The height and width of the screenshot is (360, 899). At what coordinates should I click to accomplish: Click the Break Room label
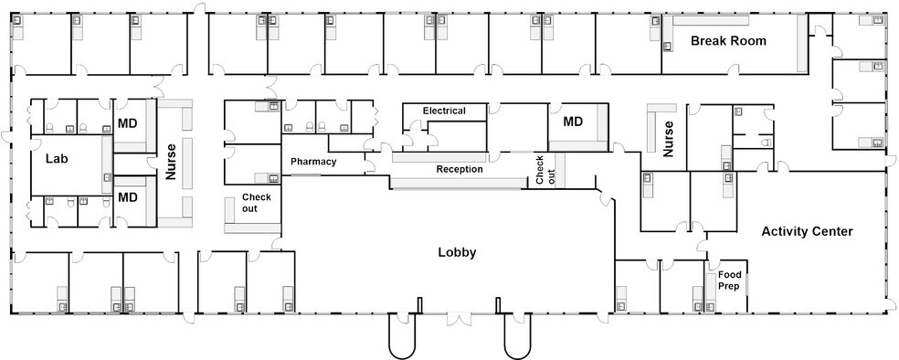pyautogui.click(x=727, y=41)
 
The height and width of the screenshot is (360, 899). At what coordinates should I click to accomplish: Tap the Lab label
pyautogui.click(x=58, y=158)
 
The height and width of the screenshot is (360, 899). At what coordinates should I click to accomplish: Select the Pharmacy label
pyautogui.click(x=313, y=162)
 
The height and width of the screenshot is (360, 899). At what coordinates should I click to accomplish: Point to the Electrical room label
pyautogui.click(x=443, y=111)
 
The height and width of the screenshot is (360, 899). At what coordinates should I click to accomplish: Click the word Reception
pyautogui.click(x=459, y=169)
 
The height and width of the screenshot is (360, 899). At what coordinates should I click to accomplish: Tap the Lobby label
pyautogui.click(x=458, y=252)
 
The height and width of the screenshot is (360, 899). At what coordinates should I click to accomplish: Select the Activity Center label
pyautogui.click(x=807, y=232)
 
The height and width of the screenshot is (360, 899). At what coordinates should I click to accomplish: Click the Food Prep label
pyautogui.click(x=729, y=280)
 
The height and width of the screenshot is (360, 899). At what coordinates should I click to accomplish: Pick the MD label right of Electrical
pyautogui.click(x=573, y=122)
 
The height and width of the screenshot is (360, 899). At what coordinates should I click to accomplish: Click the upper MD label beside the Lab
pyautogui.click(x=127, y=123)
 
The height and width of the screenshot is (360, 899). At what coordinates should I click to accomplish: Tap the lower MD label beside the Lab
pyautogui.click(x=127, y=197)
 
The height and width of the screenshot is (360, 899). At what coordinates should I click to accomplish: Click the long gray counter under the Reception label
pyautogui.click(x=459, y=184)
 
